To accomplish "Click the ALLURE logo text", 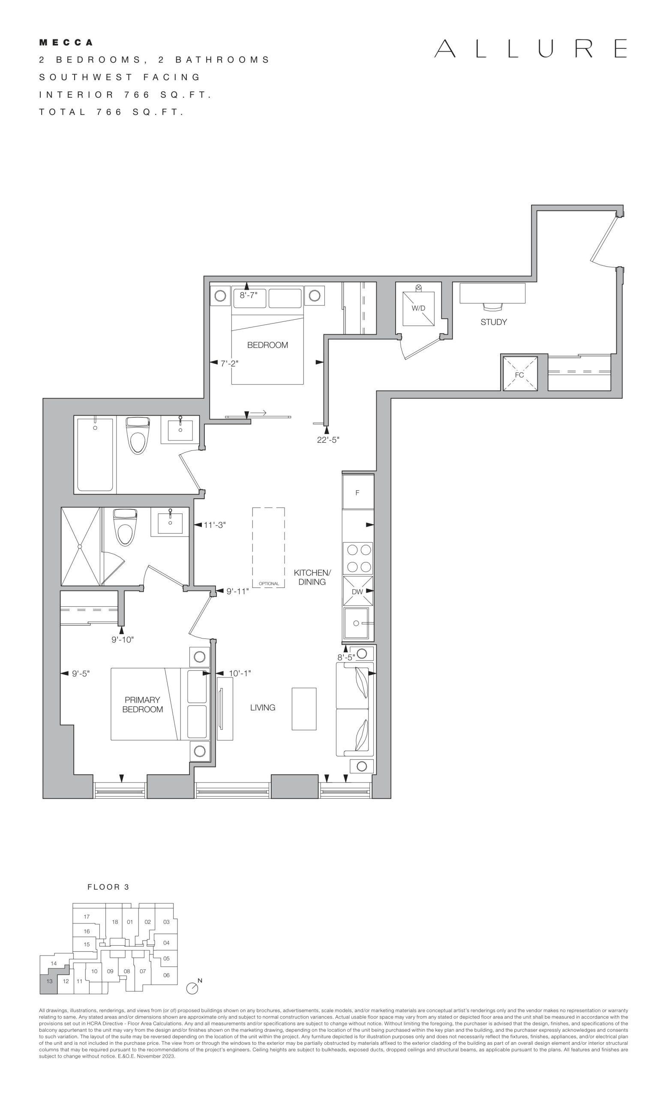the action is (531, 48).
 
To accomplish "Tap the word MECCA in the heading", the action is (66, 43).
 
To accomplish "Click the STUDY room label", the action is (493, 322).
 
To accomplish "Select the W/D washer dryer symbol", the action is (418, 309).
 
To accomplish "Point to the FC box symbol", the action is (519, 374).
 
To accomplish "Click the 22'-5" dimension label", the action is (328, 440).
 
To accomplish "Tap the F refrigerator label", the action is (357, 493).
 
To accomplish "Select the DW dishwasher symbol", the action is (357, 591).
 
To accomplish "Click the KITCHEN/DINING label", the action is (312, 577).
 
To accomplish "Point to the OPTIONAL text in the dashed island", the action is (269, 584).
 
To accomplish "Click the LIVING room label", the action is (263, 707).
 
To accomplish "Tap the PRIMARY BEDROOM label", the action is (142, 705).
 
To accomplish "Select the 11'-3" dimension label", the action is (215, 525).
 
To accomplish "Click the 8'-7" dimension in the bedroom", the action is (249, 295).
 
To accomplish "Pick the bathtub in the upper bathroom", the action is (95, 455).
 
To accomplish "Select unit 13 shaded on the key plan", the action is (49, 981).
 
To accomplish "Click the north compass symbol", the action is (192, 988).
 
